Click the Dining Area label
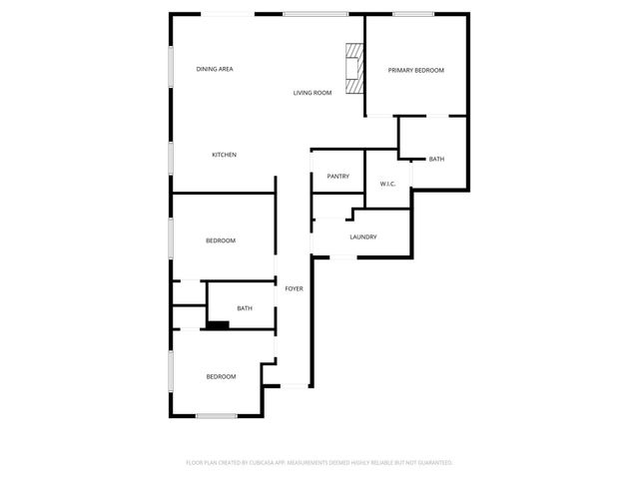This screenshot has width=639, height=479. pos(215,69)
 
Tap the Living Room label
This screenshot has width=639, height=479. pos(312,93)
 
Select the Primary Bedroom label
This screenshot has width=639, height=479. pos(415,70)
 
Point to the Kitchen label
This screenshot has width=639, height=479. pos(224,155)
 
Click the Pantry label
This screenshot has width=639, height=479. pos(337,177)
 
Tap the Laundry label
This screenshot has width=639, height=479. pos(362,237)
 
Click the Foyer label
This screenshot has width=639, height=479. pos(294,288)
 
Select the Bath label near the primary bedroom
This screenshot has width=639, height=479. pos(436,160)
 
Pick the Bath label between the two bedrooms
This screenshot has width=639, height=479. pos(245,308)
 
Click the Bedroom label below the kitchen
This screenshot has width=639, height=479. pos(221,240)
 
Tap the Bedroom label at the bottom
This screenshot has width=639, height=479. pos(221,376)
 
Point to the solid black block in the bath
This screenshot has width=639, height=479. pos(217,323)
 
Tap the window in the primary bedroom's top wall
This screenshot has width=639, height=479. pos(411,14)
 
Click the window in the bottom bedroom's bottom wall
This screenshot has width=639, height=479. pos(216,415)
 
